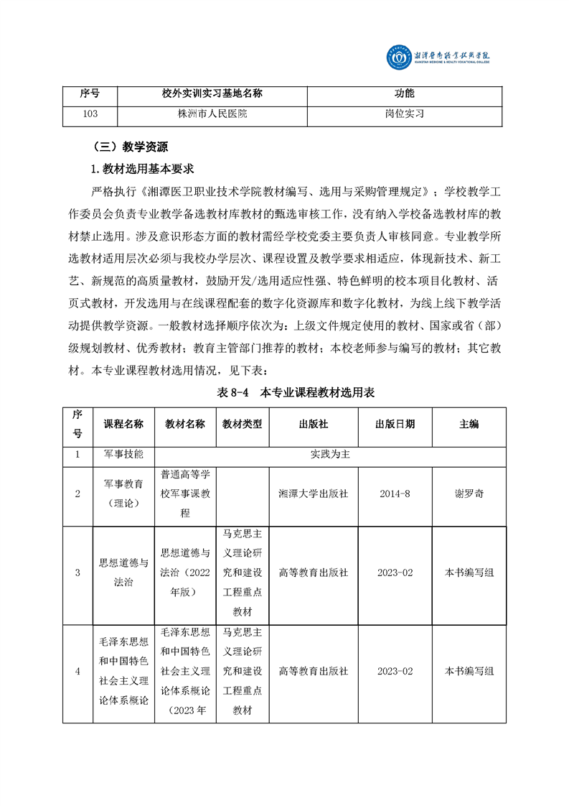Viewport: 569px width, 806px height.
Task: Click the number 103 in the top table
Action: pos(90,114)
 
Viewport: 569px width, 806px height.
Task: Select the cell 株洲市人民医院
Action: pos(212,114)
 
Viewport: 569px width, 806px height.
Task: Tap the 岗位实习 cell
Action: pos(405,114)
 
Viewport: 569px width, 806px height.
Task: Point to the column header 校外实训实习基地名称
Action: pos(212,94)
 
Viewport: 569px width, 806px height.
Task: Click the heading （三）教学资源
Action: pos(131,147)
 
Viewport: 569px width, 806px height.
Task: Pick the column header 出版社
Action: pos(314,424)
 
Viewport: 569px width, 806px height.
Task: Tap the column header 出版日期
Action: pos(395,424)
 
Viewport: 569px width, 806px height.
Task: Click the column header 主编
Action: pos(469,424)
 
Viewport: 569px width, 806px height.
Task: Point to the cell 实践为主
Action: pos(330,455)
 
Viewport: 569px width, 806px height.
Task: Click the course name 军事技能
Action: pos(123,455)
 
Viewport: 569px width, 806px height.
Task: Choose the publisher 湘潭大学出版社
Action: pos(314,494)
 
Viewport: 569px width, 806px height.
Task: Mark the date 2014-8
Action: pos(395,494)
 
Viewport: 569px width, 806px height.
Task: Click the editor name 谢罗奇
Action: pos(469,494)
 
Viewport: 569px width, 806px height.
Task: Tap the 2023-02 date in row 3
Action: pos(395,573)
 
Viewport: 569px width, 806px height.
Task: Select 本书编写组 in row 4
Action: pos(469,671)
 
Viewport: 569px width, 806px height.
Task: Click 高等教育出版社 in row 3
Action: pos(314,573)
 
